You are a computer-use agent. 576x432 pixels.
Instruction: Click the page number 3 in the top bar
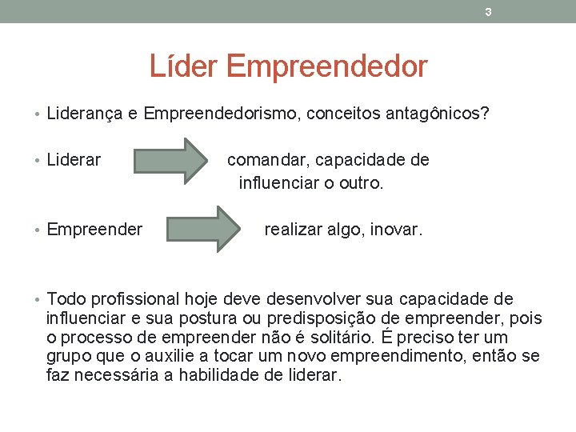tap(488, 12)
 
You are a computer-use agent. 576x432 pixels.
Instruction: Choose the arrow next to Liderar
tap(170, 160)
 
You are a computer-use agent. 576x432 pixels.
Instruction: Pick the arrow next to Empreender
tap(206, 230)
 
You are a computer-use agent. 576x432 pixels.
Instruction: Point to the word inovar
tap(397, 230)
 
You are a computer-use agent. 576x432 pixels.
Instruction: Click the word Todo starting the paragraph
tap(66, 299)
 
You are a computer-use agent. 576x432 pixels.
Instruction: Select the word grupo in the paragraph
tap(68, 356)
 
